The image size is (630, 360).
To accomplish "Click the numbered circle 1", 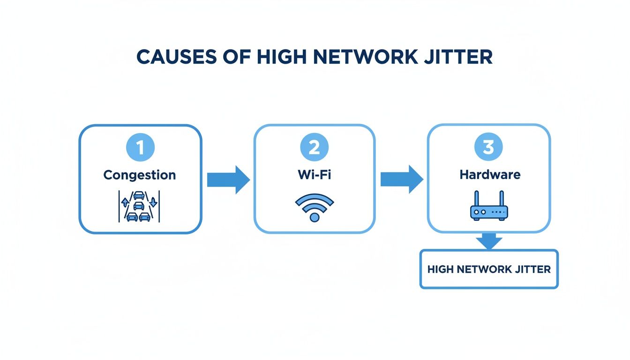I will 140,148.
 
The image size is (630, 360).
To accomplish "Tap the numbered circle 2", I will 314,148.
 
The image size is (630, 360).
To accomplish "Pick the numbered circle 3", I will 488,148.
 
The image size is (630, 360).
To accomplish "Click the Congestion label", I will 140,175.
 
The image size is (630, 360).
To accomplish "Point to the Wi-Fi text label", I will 314,175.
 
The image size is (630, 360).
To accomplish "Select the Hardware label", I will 490,175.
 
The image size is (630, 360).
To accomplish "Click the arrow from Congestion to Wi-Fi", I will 228,179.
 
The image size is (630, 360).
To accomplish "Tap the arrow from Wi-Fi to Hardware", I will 402,179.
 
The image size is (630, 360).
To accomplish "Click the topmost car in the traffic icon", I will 139,195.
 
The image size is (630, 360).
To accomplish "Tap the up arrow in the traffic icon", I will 125,202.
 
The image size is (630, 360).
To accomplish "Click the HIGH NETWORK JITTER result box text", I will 489,270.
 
